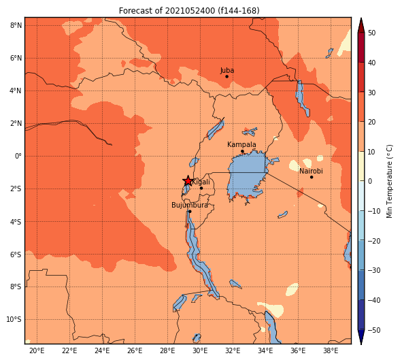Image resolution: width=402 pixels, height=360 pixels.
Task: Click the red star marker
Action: point(188,181)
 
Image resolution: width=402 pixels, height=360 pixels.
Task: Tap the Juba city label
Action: point(227,70)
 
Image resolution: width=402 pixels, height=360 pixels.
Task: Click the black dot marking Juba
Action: point(227,76)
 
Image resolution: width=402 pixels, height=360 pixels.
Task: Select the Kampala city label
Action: point(241,145)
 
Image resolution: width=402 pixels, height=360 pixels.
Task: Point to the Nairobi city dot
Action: point(312,177)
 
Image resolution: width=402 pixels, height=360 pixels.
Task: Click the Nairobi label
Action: point(311,171)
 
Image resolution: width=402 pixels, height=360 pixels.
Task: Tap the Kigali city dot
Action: point(201,189)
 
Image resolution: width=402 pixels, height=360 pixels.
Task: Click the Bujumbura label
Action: point(190,205)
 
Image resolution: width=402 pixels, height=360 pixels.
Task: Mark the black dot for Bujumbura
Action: point(190,211)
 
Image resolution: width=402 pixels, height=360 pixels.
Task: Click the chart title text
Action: point(189,11)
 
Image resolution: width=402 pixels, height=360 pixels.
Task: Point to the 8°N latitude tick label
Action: point(16,25)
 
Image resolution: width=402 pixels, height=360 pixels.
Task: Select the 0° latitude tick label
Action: point(18,156)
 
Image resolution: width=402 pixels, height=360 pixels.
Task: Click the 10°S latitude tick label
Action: point(14,319)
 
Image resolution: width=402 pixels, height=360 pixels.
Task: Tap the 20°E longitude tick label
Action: point(37,350)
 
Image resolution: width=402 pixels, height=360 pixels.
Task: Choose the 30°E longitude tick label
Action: point(200,350)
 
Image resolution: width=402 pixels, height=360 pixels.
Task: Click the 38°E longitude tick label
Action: point(331,350)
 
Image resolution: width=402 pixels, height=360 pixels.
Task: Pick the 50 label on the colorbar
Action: point(371,33)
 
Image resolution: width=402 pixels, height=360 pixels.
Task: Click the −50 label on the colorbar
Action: point(374,330)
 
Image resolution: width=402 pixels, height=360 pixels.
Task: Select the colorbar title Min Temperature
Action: point(389,181)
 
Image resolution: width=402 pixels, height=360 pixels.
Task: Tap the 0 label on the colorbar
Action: point(370,181)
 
